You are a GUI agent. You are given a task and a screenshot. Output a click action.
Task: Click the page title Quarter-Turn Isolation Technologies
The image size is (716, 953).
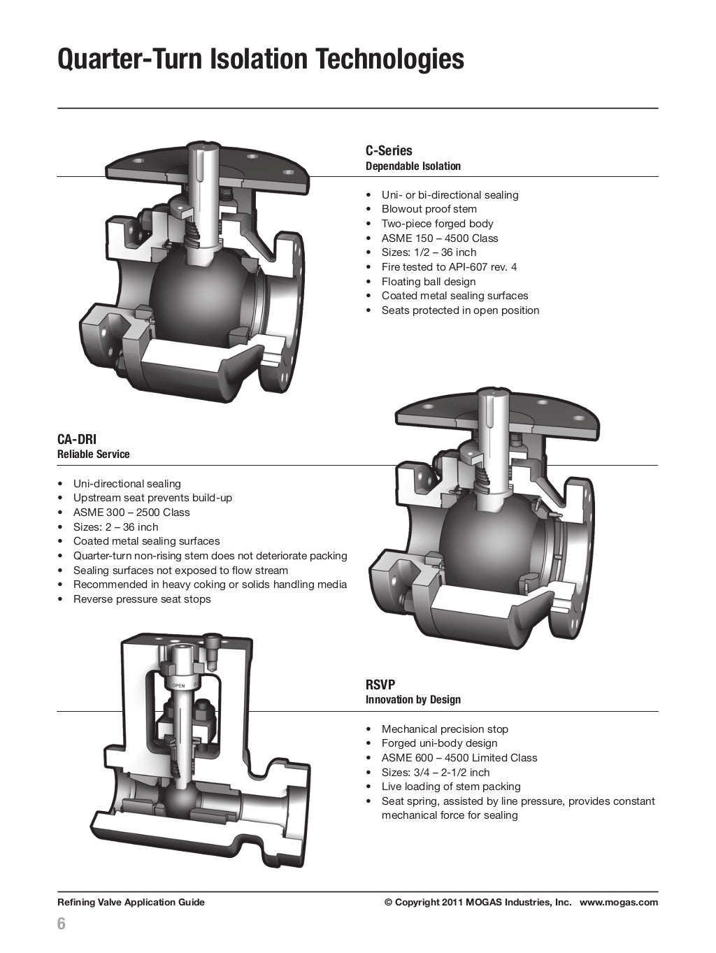(x=260, y=59)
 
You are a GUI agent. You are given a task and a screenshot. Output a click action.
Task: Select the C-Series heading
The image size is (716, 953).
(x=389, y=150)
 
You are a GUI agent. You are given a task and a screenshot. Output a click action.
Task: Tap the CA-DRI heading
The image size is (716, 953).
(x=77, y=439)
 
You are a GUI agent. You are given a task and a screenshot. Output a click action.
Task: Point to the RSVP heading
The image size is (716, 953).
(x=380, y=685)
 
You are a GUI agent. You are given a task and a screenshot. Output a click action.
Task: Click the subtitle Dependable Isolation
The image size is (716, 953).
(x=413, y=166)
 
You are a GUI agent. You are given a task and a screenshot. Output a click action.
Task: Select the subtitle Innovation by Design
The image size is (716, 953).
(x=413, y=700)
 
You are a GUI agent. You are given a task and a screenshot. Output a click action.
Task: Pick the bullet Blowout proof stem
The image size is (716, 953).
(x=429, y=209)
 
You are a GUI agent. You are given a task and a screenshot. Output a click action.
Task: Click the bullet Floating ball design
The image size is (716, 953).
(x=429, y=281)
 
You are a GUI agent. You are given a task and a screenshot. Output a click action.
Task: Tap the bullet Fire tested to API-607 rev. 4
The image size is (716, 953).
(x=449, y=267)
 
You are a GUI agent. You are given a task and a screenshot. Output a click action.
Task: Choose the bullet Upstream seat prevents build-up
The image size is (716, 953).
(x=152, y=498)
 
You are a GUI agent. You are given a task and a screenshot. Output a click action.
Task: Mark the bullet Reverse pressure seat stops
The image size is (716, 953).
(x=141, y=599)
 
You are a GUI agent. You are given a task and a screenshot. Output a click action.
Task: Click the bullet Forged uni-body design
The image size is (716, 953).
(x=439, y=743)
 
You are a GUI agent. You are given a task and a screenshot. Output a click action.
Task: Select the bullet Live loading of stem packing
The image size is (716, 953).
(x=450, y=787)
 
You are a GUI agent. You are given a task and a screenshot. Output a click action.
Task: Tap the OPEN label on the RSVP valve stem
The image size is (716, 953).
(x=178, y=685)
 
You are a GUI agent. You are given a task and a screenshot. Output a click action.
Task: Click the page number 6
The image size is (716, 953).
(x=62, y=924)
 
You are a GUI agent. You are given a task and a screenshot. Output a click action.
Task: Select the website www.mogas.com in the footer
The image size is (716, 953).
(x=618, y=902)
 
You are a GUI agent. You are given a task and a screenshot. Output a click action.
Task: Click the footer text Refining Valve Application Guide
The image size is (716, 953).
(x=131, y=902)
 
